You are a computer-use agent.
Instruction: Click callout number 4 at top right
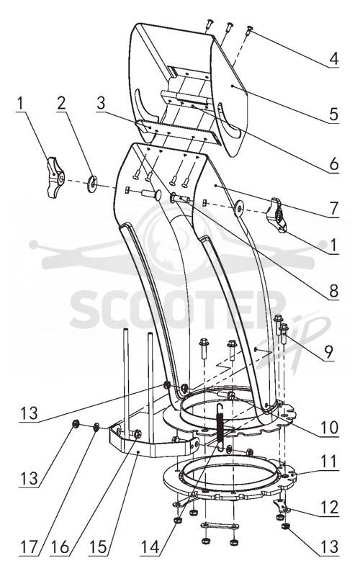pos(333,59)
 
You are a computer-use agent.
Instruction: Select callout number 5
pos(333,114)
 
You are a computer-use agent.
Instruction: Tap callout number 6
pos(333,164)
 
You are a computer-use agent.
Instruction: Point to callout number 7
pos(333,209)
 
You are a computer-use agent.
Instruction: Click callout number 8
pos(333,291)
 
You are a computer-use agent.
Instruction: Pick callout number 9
pos(328,351)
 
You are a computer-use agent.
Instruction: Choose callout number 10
pos(329,427)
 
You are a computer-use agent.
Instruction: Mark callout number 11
pos(329,462)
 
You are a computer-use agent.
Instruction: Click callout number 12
pos(329,508)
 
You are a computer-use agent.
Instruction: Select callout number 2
pos(61,104)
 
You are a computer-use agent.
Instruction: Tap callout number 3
pos(101,104)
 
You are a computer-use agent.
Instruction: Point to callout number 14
pos(150,547)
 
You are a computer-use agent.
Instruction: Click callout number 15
pos(98,547)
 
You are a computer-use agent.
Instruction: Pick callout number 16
pos(60,547)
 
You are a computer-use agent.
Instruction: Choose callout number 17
pos(29,547)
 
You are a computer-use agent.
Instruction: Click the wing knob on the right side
pos(279,215)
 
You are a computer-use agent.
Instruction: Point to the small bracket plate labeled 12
pos(282,506)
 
